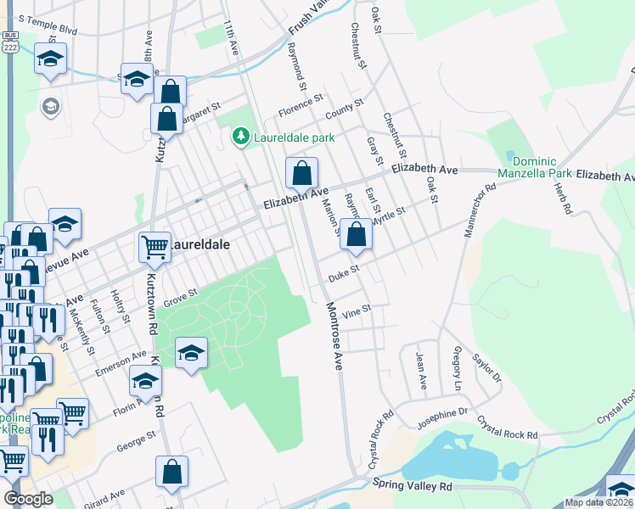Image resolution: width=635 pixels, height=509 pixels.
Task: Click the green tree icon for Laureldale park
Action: [x=242, y=137]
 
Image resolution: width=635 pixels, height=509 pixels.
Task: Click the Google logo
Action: [x=29, y=499]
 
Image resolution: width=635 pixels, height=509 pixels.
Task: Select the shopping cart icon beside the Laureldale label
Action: [x=155, y=247]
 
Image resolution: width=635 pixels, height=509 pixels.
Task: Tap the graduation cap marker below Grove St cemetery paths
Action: [x=192, y=353]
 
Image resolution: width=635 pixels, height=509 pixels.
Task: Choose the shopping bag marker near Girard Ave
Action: [x=171, y=473]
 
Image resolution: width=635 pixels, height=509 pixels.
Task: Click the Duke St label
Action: [x=346, y=273]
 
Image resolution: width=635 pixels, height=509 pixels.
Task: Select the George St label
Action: [x=136, y=440]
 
